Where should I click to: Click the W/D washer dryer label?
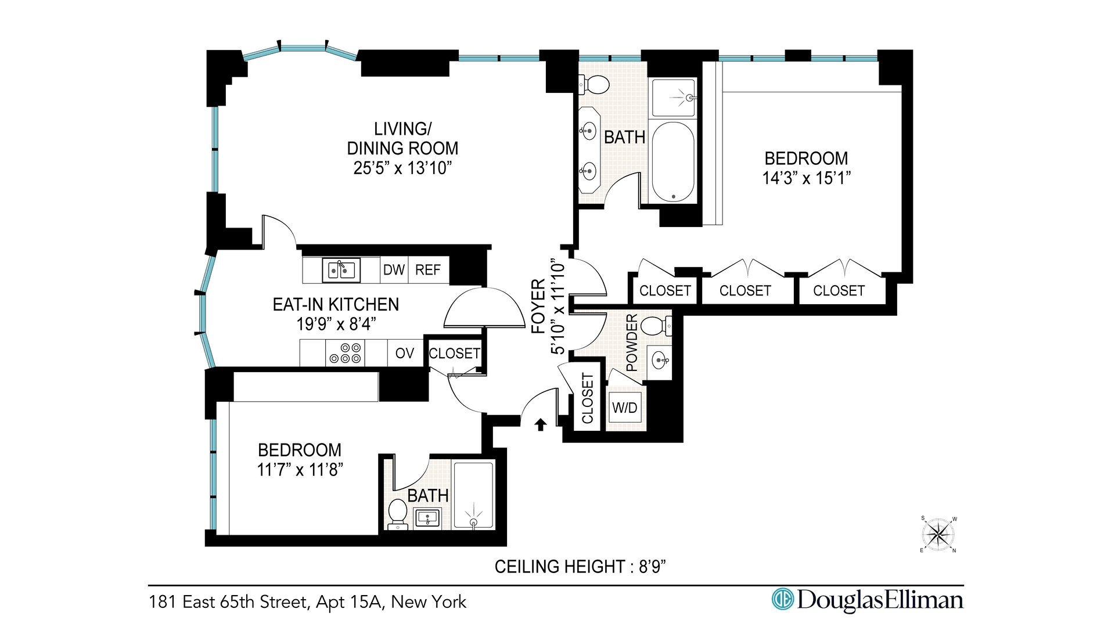pyautogui.click(x=625, y=408)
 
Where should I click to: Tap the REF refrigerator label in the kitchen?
pyautogui.click(x=428, y=270)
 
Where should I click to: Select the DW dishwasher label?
pyautogui.click(x=394, y=270)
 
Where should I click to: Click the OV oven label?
pyautogui.click(x=405, y=353)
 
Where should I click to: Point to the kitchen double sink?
pyautogui.click(x=341, y=270)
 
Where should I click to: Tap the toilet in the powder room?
pyautogui.click(x=657, y=326)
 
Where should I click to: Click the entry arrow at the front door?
pyautogui.click(x=541, y=425)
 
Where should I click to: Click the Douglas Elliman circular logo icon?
pyautogui.click(x=782, y=599)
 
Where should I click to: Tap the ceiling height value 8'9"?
pyautogui.click(x=652, y=567)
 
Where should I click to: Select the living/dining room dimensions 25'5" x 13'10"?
pyautogui.click(x=402, y=168)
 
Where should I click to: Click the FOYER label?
pyautogui.click(x=539, y=306)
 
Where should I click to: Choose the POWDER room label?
pyautogui.click(x=632, y=343)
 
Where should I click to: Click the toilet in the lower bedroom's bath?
pyautogui.click(x=398, y=514)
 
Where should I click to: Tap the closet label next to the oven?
pyautogui.click(x=455, y=354)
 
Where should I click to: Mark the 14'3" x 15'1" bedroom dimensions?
pyautogui.click(x=807, y=178)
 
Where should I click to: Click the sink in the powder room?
pyautogui.click(x=660, y=361)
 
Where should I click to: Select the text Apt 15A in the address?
pyautogui.click(x=350, y=602)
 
